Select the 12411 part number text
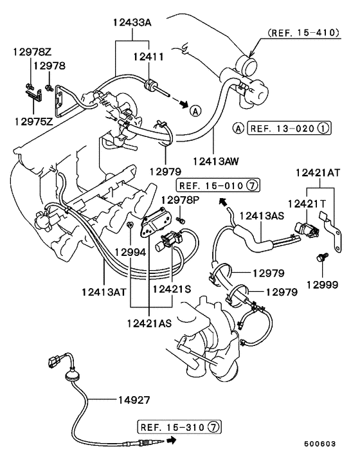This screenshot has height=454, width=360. (148, 58)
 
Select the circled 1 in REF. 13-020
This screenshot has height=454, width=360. (323, 128)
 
